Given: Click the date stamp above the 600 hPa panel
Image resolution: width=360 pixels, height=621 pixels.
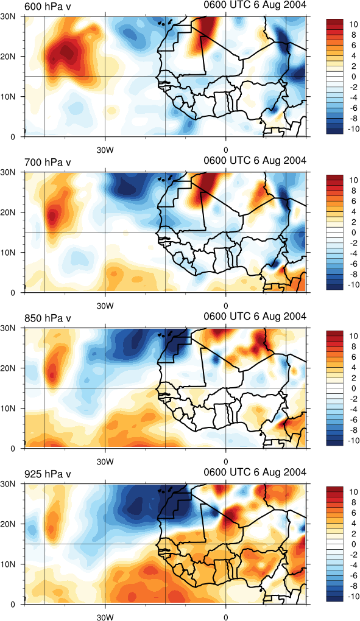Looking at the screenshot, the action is (255, 5).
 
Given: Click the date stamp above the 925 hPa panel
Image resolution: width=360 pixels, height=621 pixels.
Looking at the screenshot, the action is (255, 472).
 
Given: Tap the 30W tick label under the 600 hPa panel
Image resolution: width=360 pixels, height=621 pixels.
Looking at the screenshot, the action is (105, 150).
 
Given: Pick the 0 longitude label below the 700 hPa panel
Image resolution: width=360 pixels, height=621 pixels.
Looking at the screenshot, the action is (226, 306).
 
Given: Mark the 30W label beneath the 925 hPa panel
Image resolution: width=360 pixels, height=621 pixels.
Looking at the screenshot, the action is (105, 617).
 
